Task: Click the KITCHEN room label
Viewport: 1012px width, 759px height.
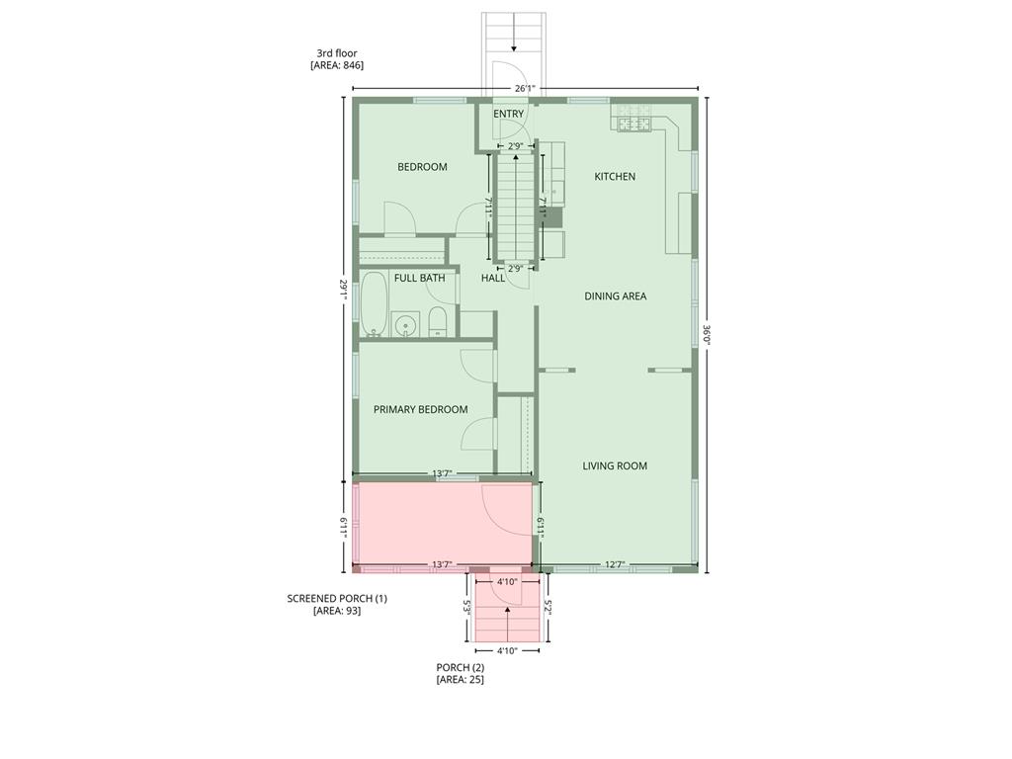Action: point(614,177)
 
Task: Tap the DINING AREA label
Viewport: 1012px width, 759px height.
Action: point(615,296)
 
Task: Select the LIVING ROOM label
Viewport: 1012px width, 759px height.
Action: point(615,465)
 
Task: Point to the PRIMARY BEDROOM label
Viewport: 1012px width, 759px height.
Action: point(420,409)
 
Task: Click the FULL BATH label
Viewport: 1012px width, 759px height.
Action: point(419,278)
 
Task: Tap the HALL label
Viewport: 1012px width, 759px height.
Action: point(492,278)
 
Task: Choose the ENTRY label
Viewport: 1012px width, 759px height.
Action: point(508,114)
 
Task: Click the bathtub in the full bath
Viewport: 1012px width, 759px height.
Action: point(374,303)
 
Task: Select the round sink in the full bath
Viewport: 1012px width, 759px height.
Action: point(404,324)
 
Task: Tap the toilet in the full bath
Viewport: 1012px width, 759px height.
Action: point(438,321)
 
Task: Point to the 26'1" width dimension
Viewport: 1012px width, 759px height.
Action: point(524,88)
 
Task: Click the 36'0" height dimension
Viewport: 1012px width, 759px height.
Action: point(707,334)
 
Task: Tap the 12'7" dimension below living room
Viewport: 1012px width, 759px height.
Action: point(615,565)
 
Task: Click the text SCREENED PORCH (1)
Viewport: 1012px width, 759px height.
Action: point(337,598)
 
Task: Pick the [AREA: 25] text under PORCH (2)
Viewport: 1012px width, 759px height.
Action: point(460,680)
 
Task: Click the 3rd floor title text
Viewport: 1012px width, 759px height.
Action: point(336,53)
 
